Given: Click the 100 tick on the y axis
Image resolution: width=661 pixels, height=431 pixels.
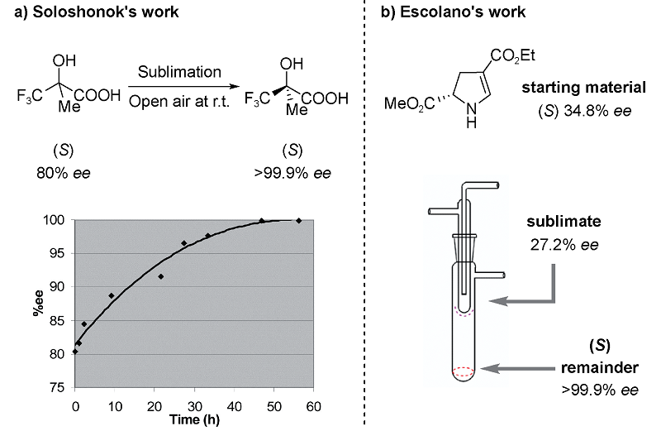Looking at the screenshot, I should pos(59,220).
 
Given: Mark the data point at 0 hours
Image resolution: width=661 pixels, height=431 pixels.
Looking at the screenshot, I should pos(75,351).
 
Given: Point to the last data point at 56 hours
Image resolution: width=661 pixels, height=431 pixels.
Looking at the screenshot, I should pos(298,220).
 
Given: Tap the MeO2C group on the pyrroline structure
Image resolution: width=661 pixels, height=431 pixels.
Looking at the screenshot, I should pos(406,105).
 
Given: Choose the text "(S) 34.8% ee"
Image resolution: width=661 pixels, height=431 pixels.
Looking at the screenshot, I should pos(583,108).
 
